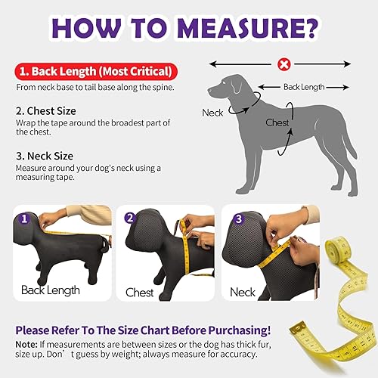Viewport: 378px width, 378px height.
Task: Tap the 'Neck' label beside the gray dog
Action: pos(212,113)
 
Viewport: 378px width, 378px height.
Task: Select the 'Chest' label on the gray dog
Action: pos(277,122)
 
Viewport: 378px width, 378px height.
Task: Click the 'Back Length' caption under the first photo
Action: pos(50,290)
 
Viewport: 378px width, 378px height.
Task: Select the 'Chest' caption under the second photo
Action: pos(139,292)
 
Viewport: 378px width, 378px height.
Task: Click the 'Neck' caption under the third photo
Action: pos(243,292)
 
